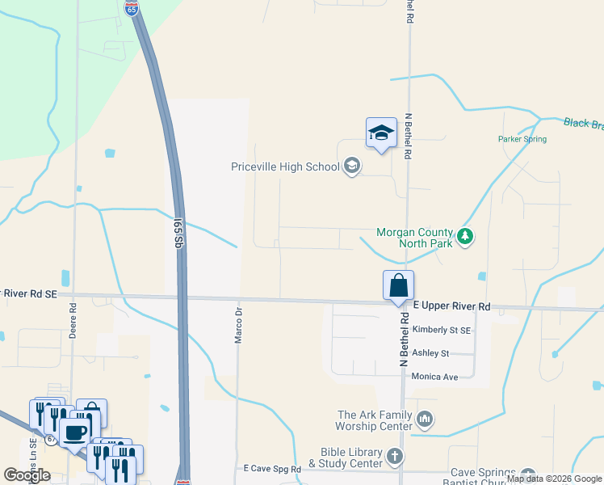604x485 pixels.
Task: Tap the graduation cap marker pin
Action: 381,133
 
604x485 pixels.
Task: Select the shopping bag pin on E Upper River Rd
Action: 398,286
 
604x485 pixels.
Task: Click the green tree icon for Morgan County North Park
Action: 464,237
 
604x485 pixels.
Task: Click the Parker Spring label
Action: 522,139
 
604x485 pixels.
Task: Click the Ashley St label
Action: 430,353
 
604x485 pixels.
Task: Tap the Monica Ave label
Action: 434,377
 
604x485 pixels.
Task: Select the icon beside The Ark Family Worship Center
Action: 426,419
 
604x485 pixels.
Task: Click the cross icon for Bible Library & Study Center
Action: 394,457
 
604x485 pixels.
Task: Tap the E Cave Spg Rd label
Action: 272,469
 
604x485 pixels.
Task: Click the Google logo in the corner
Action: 27,475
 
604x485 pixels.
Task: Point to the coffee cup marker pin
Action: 75,432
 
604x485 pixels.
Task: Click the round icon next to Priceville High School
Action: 351,167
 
